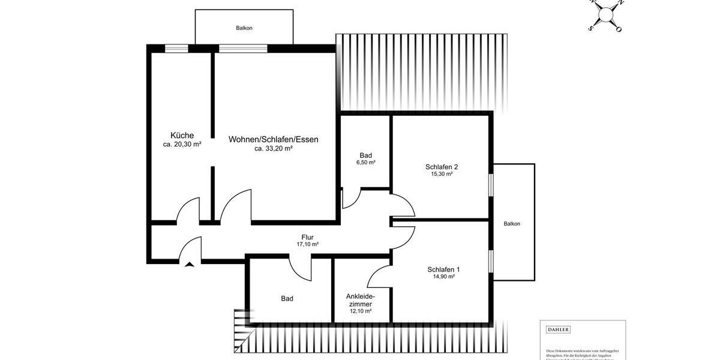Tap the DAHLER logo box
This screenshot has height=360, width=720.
558,329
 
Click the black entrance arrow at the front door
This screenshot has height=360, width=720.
190,264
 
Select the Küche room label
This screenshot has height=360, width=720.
182,136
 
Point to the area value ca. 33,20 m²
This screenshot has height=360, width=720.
273,148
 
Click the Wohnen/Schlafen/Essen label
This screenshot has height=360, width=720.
273,139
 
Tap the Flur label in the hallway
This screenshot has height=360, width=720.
307,237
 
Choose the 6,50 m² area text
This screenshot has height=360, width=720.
365,163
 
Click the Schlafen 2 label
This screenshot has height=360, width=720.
442,167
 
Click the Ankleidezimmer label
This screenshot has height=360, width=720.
361,301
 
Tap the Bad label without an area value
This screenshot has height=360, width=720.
287,298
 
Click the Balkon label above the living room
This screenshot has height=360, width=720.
244,28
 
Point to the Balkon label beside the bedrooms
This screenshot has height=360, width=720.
512,224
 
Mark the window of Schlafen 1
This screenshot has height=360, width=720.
491,262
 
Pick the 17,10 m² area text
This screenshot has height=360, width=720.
307,244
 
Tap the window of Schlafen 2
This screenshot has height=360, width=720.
491,185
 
